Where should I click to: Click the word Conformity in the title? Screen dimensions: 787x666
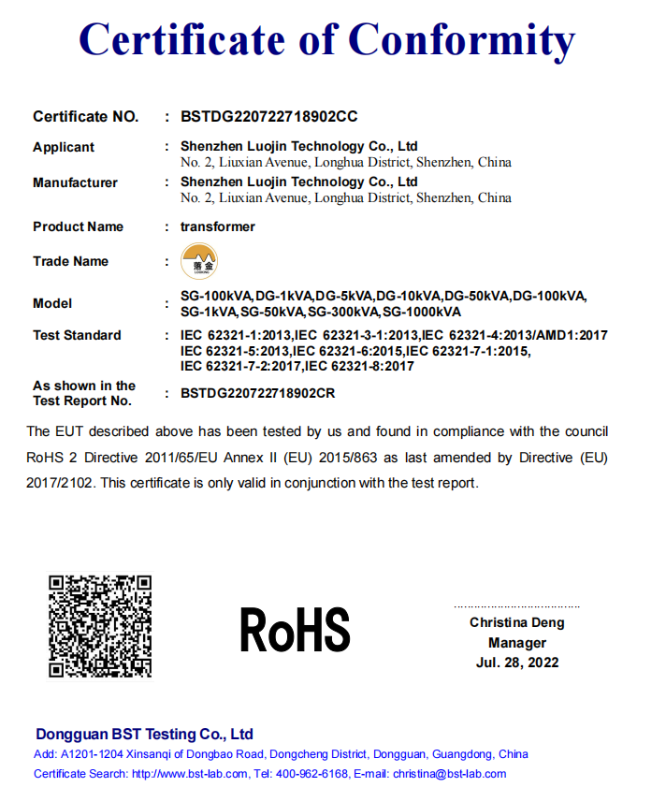(x=461, y=40)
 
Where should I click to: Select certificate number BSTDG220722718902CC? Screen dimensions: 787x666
(x=268, y=117)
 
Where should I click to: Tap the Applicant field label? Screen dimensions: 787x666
(x=64, y=147)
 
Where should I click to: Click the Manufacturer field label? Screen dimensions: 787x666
(x=75, y=182)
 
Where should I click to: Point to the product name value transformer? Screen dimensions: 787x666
(x=217, y=226)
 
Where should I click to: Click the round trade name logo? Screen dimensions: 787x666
(x=198, y=261)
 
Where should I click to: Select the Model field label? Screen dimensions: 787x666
(x=52, y=303)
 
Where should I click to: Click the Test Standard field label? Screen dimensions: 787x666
(x=77, y=335)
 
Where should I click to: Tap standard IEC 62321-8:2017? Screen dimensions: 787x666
(x=359, y=366)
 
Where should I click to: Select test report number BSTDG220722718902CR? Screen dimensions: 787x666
(x=257, y=393)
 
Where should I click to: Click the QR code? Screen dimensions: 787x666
(x=99, y=625)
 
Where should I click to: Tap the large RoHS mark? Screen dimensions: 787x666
(x=294, y=629)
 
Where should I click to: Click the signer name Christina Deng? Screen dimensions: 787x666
(x=516, y=622)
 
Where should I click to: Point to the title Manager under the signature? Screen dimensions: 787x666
(x=516, y=643)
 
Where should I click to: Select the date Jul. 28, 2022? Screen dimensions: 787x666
(x=516, y=663)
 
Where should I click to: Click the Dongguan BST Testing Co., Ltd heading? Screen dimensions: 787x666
(x=144, y=734)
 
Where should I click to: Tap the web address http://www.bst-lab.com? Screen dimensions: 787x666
(x=190, y=774)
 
